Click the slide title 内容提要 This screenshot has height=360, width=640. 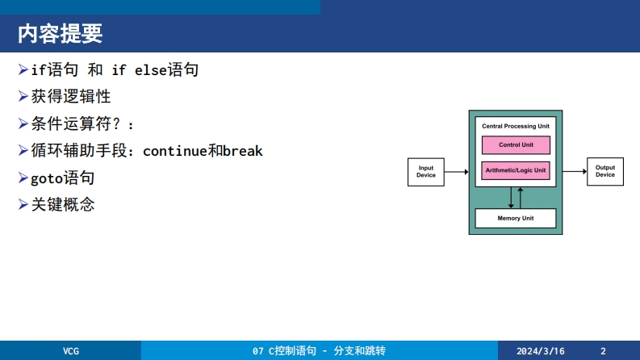click(60, 35)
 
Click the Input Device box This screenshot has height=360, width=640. click(425, 172)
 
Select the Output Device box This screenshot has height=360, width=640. click(604, 171)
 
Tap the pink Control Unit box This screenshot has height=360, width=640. click(516, 145)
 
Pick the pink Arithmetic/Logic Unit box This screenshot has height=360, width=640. click(516, 170)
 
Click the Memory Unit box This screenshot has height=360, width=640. click(516, 219)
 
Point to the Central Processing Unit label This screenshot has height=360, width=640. click(516, 127)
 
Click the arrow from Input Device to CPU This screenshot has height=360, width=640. click(456, 172)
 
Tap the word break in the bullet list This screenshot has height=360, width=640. click(243, 151)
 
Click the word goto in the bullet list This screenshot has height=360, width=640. click(47, 178)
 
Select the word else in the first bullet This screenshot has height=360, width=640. click(150, 71)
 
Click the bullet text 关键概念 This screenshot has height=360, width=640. click(63, 205)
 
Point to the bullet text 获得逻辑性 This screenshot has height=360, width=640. click(71, 97)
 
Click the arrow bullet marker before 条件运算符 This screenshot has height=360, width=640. click(23, 123)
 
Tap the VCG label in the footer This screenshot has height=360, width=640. click(72, 351)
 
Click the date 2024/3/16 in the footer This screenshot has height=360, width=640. click(540, 351)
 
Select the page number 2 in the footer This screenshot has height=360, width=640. click(603, 351)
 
